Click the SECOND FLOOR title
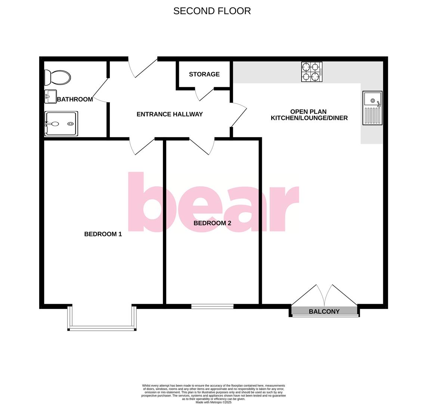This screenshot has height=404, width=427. pos(212,11)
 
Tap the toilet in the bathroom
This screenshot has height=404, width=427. pos(57,78)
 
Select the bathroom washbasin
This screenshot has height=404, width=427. pos(50,96)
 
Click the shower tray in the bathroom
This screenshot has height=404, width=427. pos(61,123)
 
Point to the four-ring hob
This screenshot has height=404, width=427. pos(312,72)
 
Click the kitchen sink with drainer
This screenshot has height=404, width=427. pos(372,108)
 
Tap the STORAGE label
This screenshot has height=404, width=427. pos(204,74)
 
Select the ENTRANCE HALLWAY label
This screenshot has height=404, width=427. pos(170,114)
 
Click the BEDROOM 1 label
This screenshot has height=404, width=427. pos(103,234)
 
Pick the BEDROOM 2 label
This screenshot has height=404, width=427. pos(212,223)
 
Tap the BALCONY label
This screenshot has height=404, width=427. pos(324,311)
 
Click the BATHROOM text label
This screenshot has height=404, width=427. pos(75,99)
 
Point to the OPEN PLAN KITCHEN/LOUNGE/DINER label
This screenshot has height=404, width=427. pos(309,115)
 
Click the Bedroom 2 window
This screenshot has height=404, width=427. pos(212,306)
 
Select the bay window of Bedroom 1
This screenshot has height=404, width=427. pos(102,328)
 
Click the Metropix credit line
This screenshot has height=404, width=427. pos(213,402)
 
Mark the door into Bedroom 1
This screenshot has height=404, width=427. pos(142,147)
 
